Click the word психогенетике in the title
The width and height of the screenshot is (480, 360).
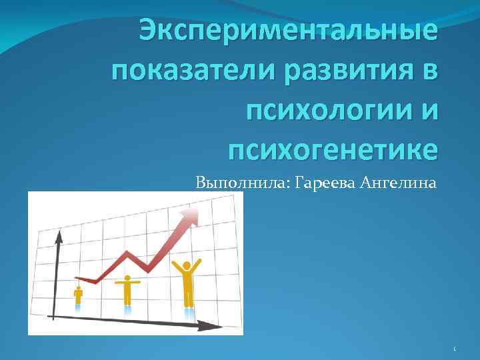pos(333,147)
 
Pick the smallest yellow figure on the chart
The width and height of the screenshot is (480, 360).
pos(79,295)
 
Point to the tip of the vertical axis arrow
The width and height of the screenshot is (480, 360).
pos(58,235)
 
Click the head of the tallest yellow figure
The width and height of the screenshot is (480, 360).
pos(187,265)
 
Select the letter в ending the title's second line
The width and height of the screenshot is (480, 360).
pos(431,70)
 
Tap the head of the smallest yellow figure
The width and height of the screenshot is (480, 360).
pos(79,289)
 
